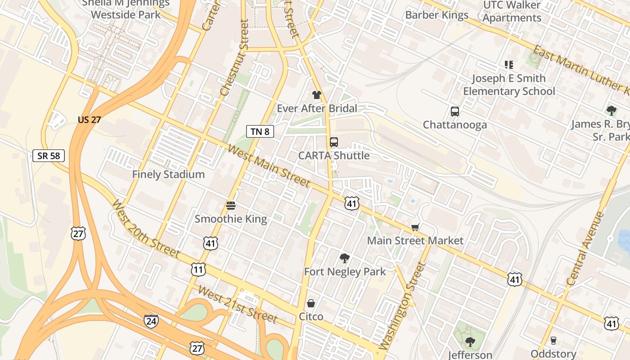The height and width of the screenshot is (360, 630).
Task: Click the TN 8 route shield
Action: click(x=260, y=131)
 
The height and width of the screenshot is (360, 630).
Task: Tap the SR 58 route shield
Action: click(x=49, y=156)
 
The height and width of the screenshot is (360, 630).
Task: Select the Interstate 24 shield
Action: click(x=151, y=321)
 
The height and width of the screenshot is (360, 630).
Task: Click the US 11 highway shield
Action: click(x=198, y=270)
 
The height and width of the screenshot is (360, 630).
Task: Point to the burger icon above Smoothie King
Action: click(x=231, y=206)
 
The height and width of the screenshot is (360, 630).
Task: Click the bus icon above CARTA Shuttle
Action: click(x=333, y=142)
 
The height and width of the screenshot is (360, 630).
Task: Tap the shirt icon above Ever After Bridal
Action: click(x=317, y=95)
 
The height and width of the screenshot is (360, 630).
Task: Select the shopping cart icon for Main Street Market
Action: click(x=415, y=228)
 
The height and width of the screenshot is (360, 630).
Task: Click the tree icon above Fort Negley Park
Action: click(x=345, y=258)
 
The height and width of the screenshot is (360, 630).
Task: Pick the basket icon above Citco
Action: click(x=311, y=303)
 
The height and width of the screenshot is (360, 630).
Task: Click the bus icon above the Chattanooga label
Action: click(x=454, y=112)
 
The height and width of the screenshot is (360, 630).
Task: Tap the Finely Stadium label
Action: click(x=168, y=175)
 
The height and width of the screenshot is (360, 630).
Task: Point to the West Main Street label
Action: click(x=269, y=166)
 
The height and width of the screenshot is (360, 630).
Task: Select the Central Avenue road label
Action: click(x=585, y=249)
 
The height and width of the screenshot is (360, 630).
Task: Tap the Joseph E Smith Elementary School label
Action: click(x=508, y=85)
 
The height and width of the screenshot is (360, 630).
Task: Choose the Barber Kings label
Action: click(x=436, y=15)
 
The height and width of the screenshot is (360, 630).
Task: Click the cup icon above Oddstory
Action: click(x=553, y=341)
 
